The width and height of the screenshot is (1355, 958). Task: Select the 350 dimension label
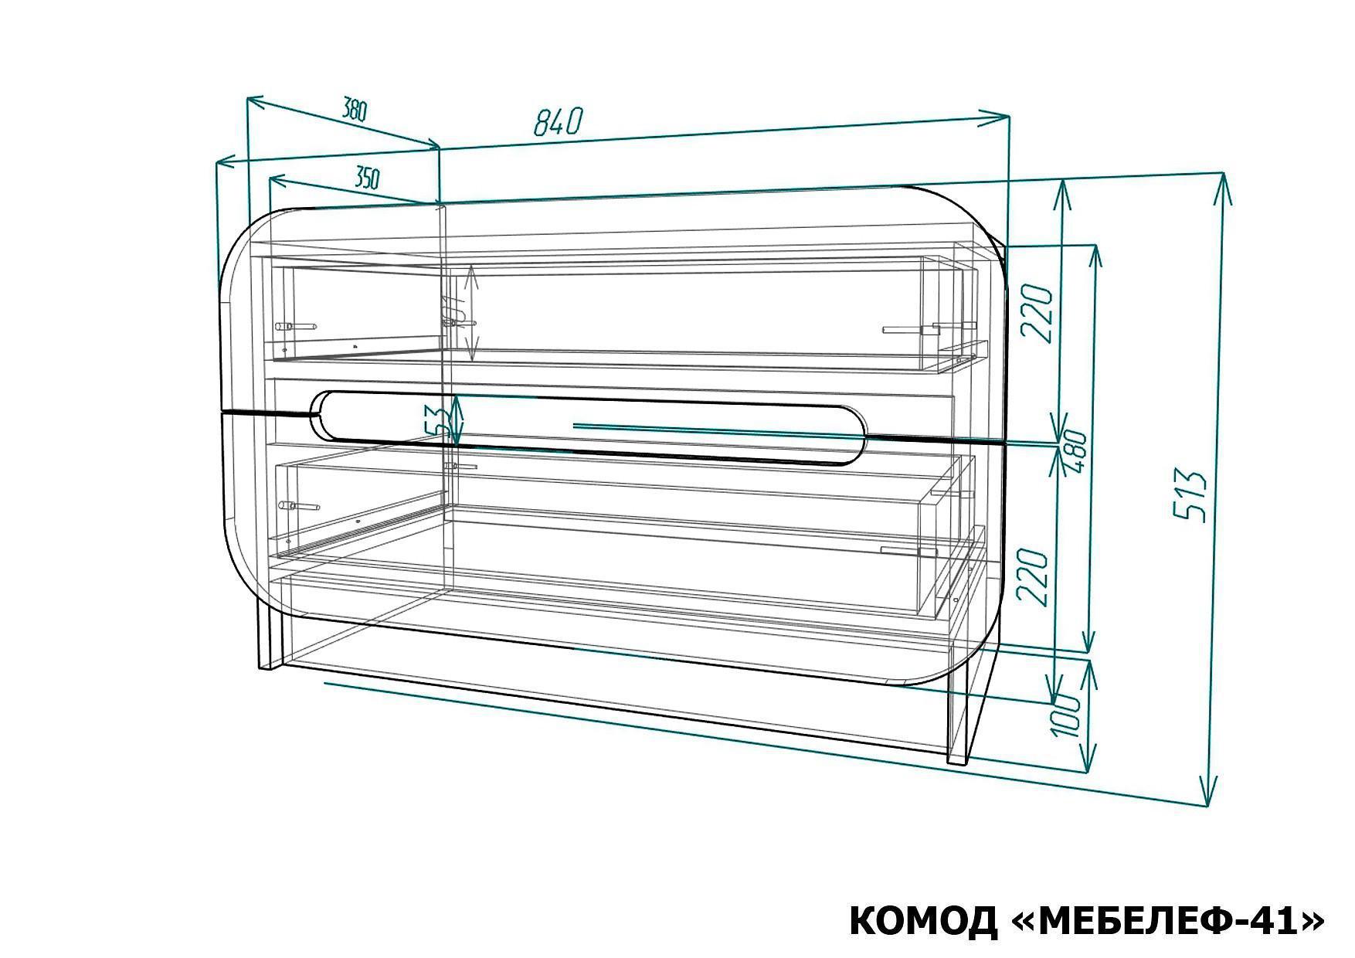pyautogui.click(x=367, y=178)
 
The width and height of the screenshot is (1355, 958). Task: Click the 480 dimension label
pyautogui.click(x=1076, y=456)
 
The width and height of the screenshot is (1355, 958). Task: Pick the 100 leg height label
pyautogui.click(x=1066, y=715)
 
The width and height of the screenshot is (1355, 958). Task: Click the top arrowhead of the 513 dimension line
pyautogui.click(x=1222, y=182)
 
